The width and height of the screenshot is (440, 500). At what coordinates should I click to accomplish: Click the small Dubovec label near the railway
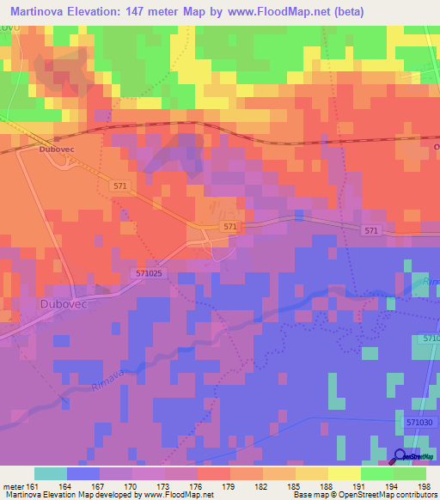click(52, 149)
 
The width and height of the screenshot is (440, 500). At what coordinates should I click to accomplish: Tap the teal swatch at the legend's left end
click(50, 473)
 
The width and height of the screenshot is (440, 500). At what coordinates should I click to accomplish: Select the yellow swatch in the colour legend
click(344, 473)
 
